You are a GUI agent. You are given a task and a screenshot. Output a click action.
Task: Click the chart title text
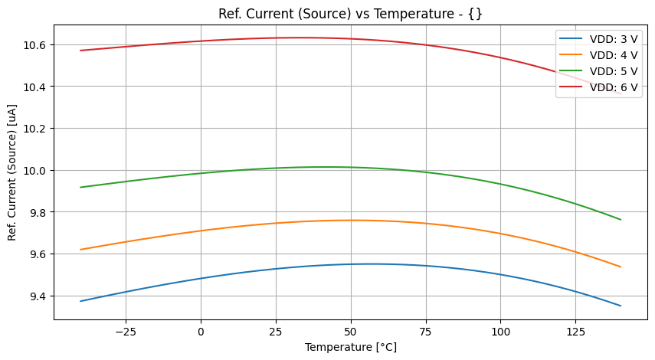[351, 13]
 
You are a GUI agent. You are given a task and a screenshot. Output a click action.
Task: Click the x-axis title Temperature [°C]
[351, 347]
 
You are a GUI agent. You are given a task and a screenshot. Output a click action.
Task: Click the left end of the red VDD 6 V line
[80, 51]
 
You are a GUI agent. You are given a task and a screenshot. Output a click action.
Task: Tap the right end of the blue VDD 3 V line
[621, 306]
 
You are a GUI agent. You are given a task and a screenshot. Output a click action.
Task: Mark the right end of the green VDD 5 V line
[621, 220]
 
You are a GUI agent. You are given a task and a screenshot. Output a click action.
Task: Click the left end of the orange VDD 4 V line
[80, 250]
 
